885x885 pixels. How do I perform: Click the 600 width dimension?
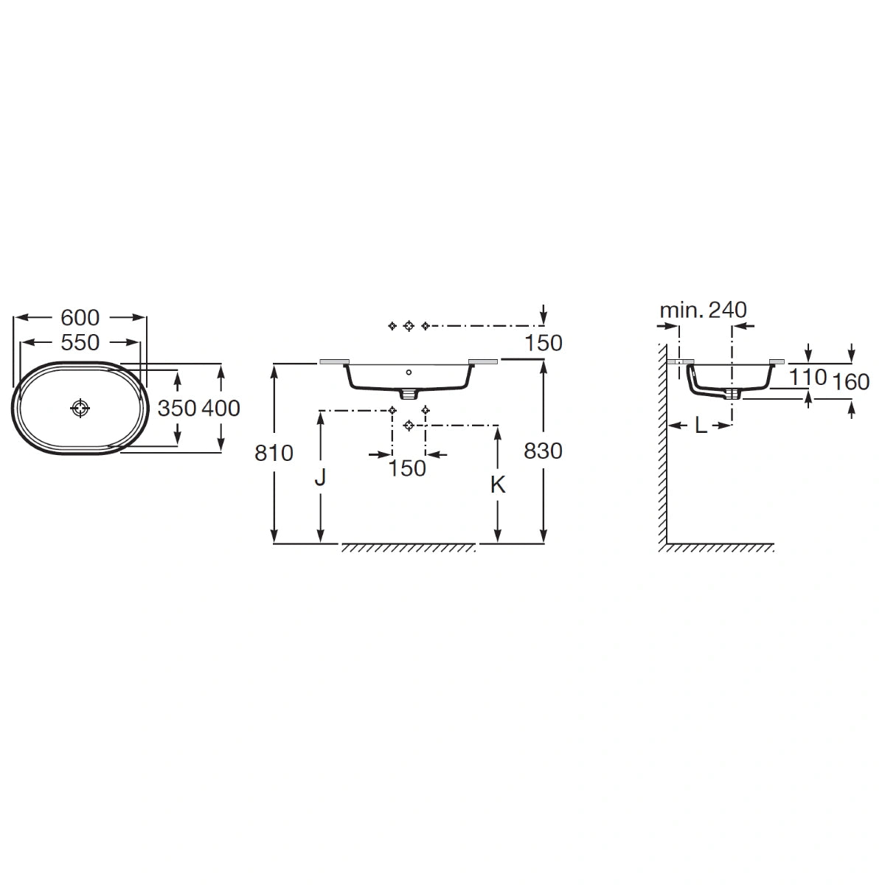pyautogui.click(x=80, y=317)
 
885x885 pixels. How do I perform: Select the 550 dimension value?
pyautogui.click(x=80, y=342)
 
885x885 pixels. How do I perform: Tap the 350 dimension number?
pyautogui.click(x=177, y=408)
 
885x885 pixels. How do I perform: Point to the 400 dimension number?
pyautogui.click(x=221, y=408)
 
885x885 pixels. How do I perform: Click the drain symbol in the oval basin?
pyautogui.click(x=80, y=408)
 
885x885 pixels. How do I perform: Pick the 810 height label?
pyautogui.click(x=274, y=453)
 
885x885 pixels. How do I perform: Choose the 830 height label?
pyautogui.click(x=543, y=451)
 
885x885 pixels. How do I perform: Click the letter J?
pyautogui.click(x=320, y=477)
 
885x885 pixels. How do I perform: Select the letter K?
pyautogui.click(x=498, y=484)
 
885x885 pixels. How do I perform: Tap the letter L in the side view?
pyautogui.click(x=701, y=426)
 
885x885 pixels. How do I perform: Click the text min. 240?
pyautogui.click(x=703, y=310)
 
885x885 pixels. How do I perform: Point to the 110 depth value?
pyautogui.click(x=808, y=378)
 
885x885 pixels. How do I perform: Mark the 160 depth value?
pyautogui.click(x=851, y=381)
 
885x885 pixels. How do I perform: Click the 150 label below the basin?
pyautogui.click(x=407, y=468)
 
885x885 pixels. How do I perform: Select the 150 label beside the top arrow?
pyautogui.click(x=544, y=343)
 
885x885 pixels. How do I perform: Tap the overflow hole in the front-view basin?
pyautogui.click(x=409, y=372)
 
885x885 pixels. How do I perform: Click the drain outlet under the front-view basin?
pyautogui.click(x=409, y=394)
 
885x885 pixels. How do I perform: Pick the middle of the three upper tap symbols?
pyautogui.click(x=409, y=326)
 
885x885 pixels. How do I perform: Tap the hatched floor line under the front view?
pyautogui.click(x=409, y=547)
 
